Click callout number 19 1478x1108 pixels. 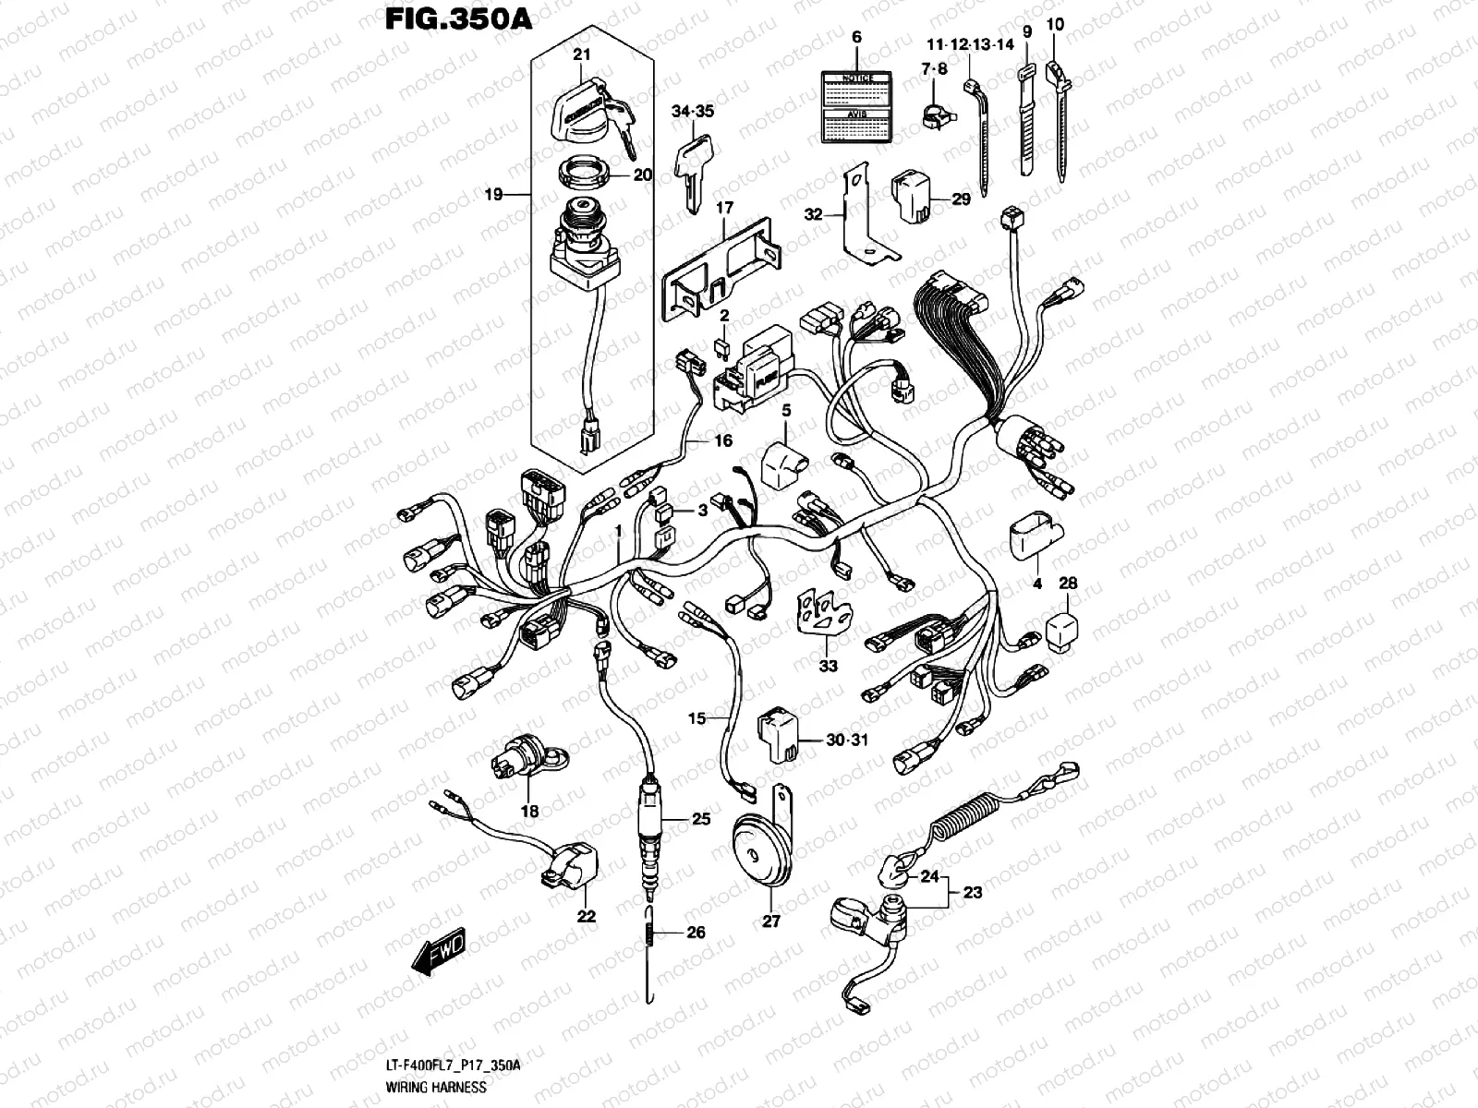[x=493, y=194]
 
